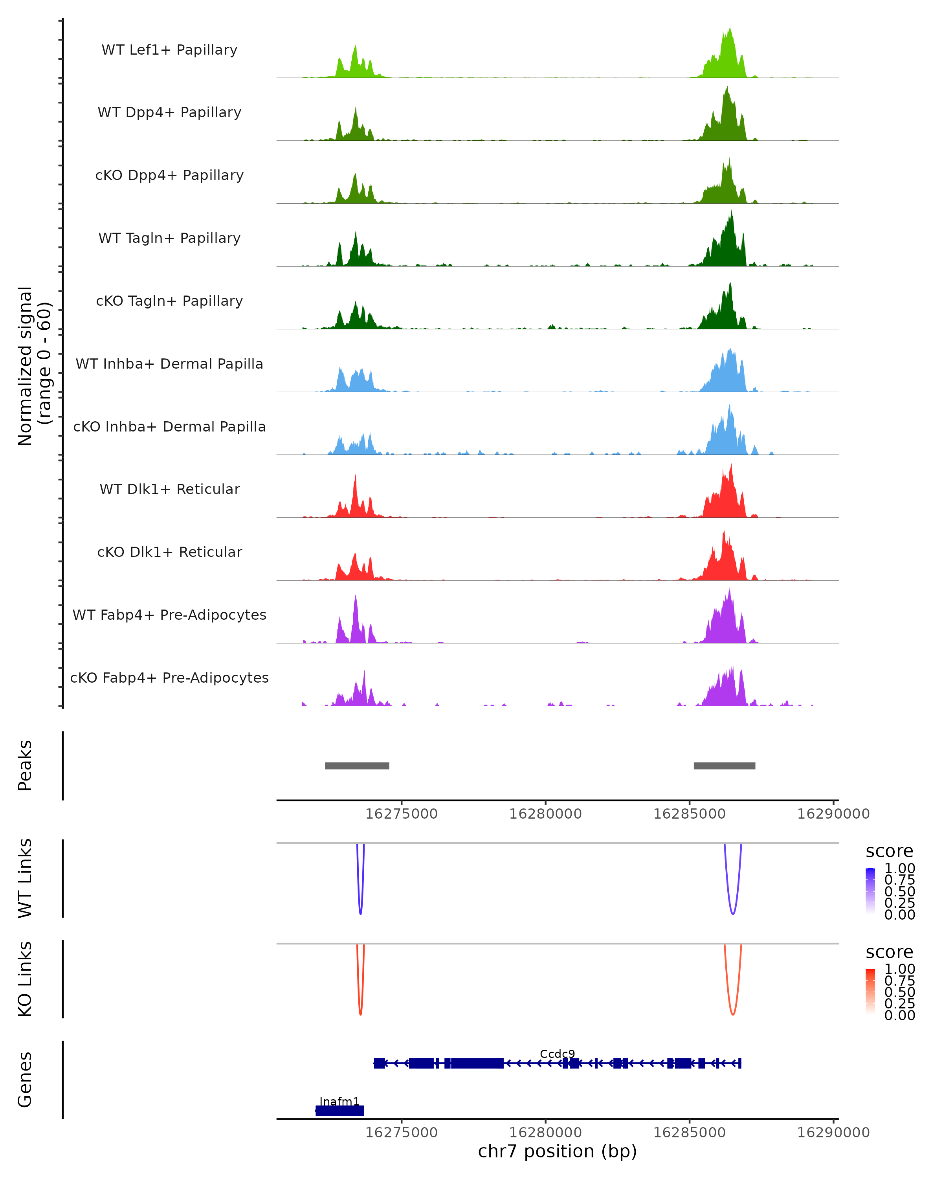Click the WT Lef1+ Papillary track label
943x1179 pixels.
[169, 50]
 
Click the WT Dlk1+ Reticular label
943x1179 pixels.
[169, 489]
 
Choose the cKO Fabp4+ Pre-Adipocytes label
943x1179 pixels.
[169, 678]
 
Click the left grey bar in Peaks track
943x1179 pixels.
[357, 766]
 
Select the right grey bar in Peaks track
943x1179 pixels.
[724, 766]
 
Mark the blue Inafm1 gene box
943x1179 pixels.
[339, 1111]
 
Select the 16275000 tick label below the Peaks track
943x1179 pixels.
[401, 814]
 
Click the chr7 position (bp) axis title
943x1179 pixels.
[557, 1151]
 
